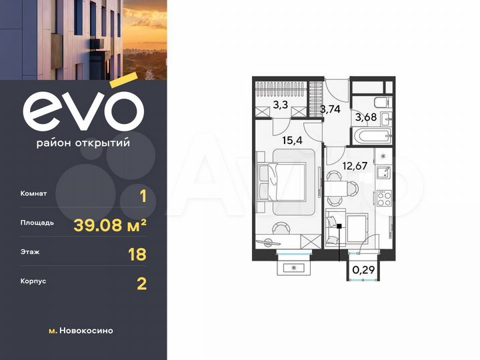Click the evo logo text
83,109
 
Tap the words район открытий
83,142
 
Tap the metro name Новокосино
87,331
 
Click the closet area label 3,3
281,104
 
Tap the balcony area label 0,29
363,270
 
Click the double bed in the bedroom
287,180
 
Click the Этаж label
31,254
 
